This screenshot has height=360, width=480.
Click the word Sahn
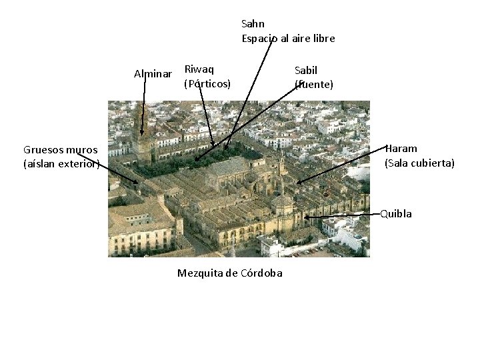253,24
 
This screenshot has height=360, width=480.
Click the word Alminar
153,73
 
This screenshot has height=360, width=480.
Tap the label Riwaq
199,69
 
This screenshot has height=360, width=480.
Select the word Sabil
306,70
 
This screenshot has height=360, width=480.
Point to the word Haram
401,149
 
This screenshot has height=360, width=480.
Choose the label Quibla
396,214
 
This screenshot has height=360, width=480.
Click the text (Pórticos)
207,83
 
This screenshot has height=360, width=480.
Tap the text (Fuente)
314,85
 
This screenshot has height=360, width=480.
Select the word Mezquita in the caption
199,273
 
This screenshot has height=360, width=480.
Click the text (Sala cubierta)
419,163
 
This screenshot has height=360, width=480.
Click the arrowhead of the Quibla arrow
305,217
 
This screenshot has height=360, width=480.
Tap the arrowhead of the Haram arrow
297,183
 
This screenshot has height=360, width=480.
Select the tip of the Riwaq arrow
213,146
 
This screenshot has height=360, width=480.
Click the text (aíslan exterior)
61,163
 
